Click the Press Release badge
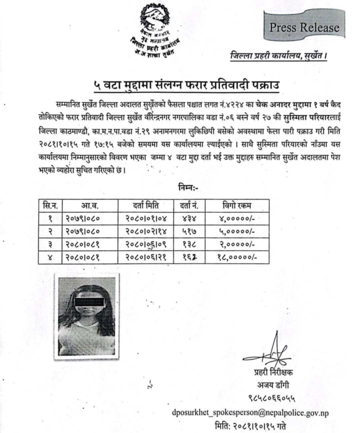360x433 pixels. pos(304,28)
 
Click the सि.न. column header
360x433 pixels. pos(50,206)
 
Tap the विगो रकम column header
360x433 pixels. pos(237,206)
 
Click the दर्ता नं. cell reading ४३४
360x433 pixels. pos(189,219)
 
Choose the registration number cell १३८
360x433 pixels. pos(189,245)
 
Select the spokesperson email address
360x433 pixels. pos(250,413)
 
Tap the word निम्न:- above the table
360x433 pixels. pos(187,188)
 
